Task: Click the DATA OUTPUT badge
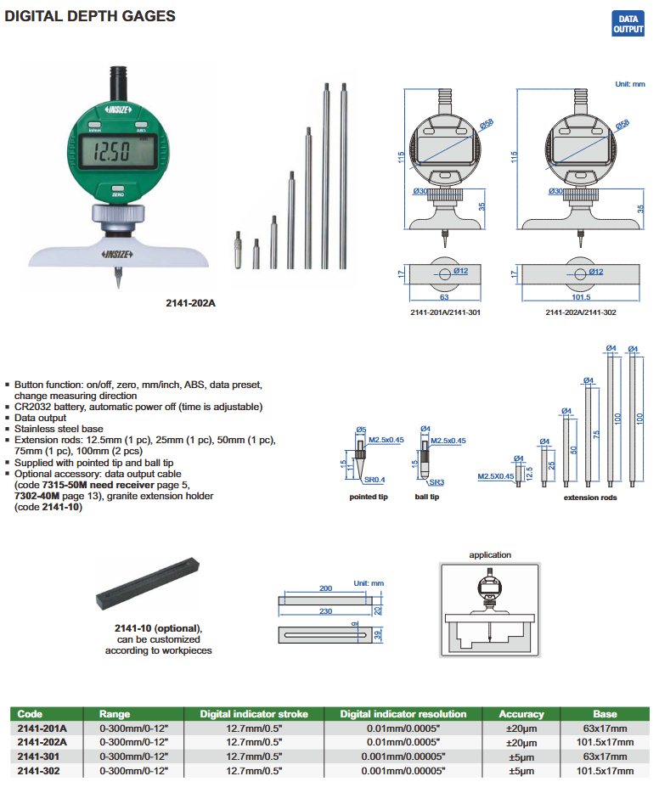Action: click(628, 24)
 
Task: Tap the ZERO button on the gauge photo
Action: click(117, 192)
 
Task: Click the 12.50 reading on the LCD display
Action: click(111, 154)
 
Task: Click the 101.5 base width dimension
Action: click(581, 298)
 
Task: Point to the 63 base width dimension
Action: click(444, 298)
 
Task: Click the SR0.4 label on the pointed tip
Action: click(363, 481)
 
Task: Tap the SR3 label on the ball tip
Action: click(436, 481)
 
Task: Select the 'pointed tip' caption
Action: click(369, 497)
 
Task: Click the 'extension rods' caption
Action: click(590, 497)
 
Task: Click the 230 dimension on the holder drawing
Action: click(325, 610)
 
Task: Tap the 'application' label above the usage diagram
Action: click(490, 554)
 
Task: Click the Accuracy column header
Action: click(521, 714)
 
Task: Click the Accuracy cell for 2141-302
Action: click(521, 770)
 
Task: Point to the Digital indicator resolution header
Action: click(403, 714)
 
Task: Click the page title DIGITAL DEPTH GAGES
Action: click(90, 16)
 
